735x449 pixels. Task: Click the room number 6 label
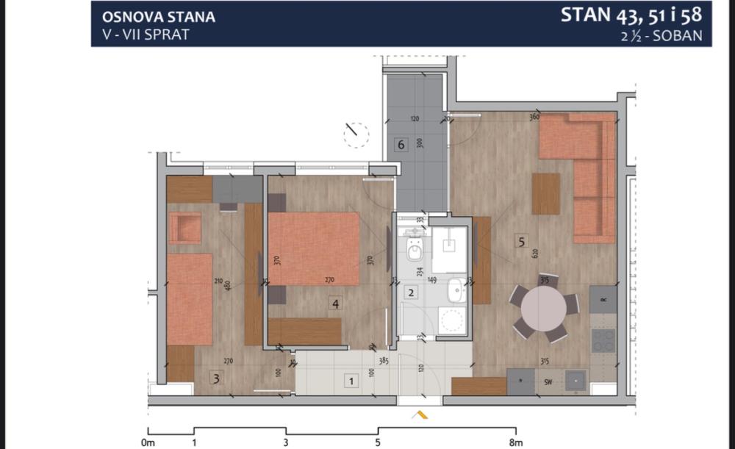coord(401,144)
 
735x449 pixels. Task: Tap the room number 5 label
coord(521,240)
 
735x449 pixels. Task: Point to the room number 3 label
coord(215,378)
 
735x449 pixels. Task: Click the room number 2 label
coord(412,292)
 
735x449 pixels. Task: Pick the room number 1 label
coord(351,381)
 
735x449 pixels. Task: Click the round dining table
coord(543,309)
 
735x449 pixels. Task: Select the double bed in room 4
coord(314,248)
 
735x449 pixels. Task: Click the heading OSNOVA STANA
coord(159,16)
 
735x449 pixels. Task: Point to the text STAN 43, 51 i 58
coord(631,15)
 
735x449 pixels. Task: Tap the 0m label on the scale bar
coord(148,442)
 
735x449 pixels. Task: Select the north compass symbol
coord(356,132)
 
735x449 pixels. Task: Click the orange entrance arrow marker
coord(421,415)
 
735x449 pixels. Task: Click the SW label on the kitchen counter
coord(548,381)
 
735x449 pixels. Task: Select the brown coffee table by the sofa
coord(545,193)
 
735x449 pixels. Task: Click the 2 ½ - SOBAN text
coord(661,34)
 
